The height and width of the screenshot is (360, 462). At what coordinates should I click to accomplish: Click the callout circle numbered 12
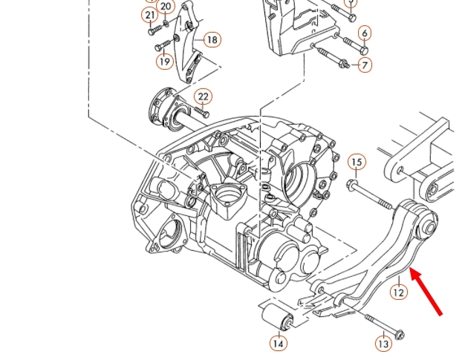(x=399, y=292)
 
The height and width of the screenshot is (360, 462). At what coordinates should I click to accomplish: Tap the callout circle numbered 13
(x=383, y=344)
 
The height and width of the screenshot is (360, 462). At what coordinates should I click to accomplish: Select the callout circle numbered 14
(x=278, y=343)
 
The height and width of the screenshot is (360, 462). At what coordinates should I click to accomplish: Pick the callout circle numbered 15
(x=357, y=163)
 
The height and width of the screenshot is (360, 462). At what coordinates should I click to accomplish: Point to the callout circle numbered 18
(x=212, y=39)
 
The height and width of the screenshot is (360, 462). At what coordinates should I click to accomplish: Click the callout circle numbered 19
(x=165, y=62)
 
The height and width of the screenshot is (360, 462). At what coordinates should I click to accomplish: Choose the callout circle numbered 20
(x=166, y=7)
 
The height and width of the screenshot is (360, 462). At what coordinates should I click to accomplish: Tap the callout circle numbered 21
(x=151, y=16)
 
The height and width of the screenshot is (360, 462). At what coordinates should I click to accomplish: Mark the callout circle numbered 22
(x=204, y=97)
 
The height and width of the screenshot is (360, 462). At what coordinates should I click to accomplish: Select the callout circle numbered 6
(x=365, y=33)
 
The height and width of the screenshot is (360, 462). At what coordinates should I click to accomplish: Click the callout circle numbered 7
(x=365, y=65)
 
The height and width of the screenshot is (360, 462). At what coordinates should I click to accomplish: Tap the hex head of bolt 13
(x=400, y=335)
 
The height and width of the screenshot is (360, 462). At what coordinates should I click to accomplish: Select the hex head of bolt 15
(x=352, y=183)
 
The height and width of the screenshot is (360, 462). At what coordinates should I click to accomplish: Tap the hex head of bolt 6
(x=363, y=50)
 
